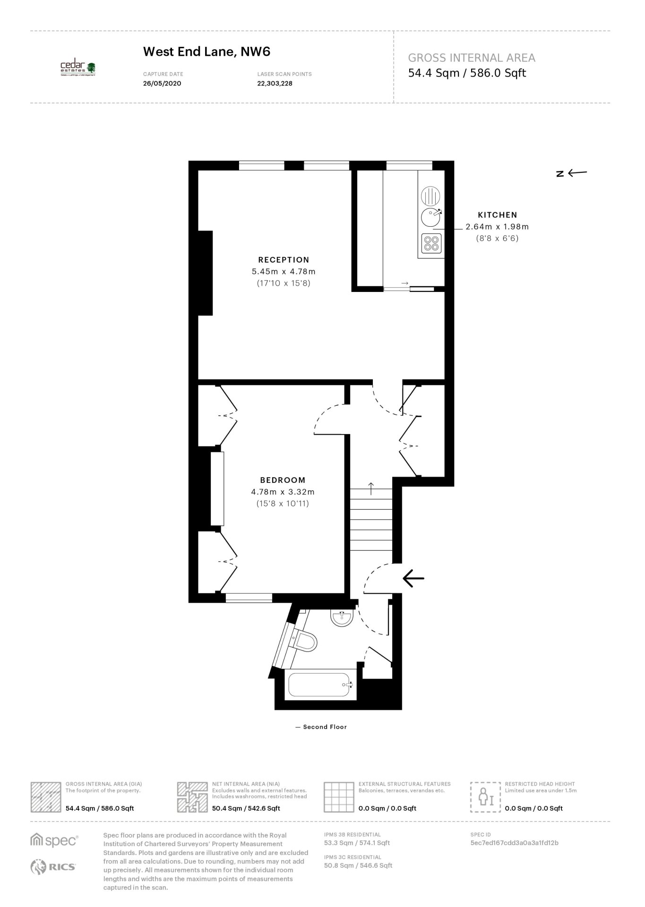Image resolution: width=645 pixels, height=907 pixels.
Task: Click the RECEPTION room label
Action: pyautogui.click(x=284, y=259)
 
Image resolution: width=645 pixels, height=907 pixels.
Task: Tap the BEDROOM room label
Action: pyautogui.click(x=283, y=480)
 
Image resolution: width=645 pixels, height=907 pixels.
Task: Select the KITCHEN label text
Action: pyautogui.click(x=498, y=215)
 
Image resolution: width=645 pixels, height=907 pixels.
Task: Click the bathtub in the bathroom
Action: pyautogui.click(x=321, y=684)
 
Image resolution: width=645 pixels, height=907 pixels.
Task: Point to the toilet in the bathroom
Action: pyautogui.click(x=304, y=641)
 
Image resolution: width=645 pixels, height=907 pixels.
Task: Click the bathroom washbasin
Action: pyautogui.click(x=342, y=618)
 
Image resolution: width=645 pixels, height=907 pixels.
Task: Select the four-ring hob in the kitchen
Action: pyautogui.click(x=431, y=243)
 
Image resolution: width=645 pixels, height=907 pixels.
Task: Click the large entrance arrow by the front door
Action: pyautogui.click(x=413, y=578)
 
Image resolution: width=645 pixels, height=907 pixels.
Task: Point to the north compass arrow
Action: pyautogui.click(x=577, y=172)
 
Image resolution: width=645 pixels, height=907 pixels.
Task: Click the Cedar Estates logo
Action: pyautogui.click(x=78, y=69)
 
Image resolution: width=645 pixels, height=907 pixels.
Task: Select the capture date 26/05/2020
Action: pyautogui.click(x=162, y=84)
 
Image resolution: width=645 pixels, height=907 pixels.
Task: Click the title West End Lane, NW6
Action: pyautogui.click(x=206, y=51)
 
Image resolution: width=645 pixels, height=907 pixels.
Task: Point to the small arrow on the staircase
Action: pyautogui.click(x=371, y=488)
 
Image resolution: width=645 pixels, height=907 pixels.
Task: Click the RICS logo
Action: pyautogui.click(x=53, y=867)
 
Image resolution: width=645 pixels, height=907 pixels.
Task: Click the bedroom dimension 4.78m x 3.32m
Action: pyautogui.click(x=283, y=492)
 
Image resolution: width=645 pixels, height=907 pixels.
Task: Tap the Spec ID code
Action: pyautogui.click(x=515, y=843)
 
